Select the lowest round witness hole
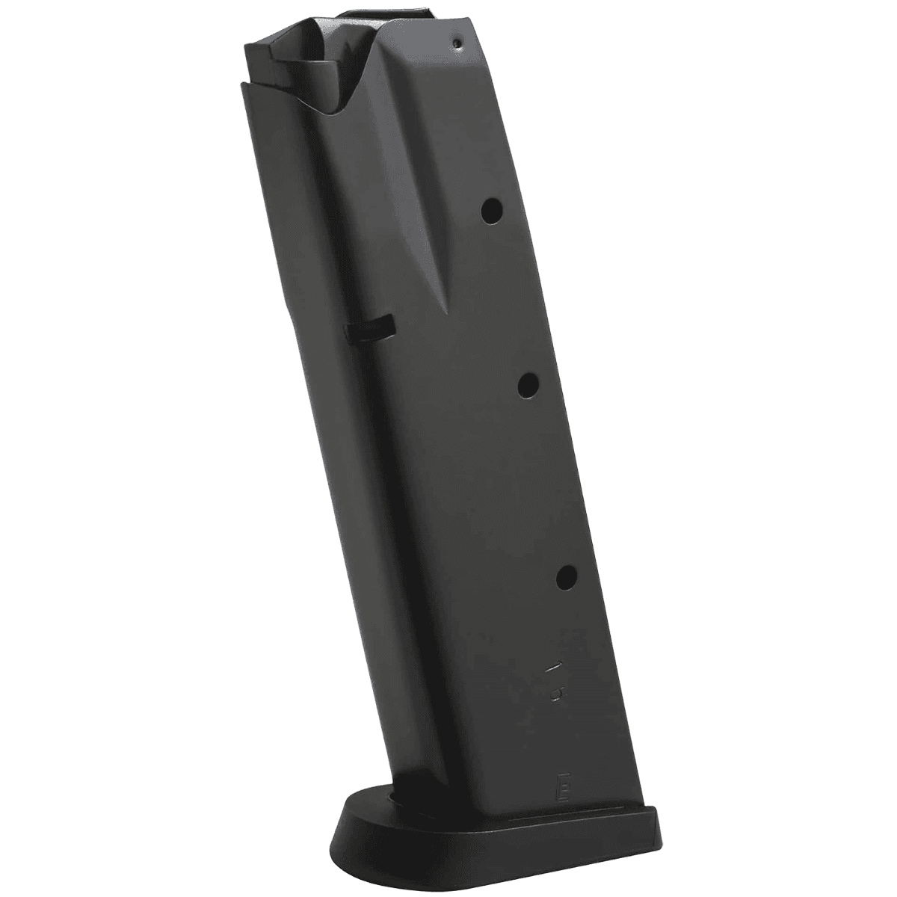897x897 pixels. pyautogui.click(x=567, y=576)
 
